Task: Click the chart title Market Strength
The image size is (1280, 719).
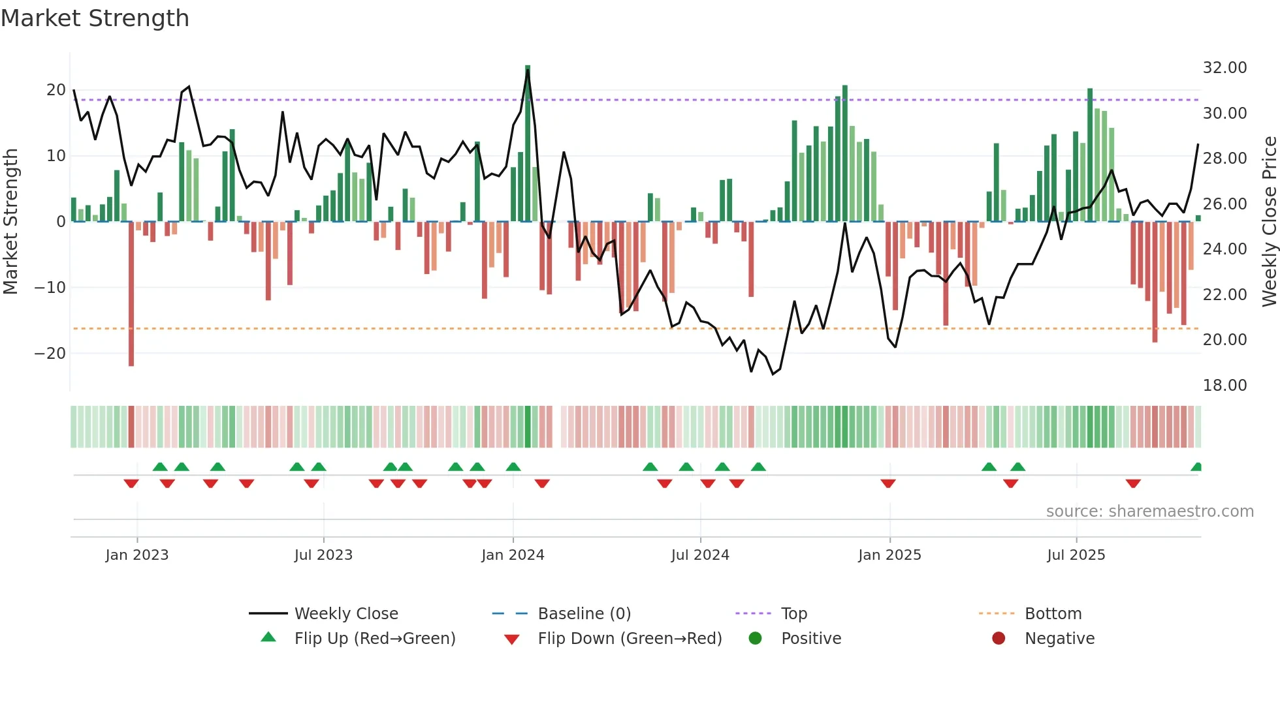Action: tap(95, 18)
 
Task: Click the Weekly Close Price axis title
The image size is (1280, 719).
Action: tap(1269, 221)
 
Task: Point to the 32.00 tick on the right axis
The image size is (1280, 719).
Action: tap(1224, 68)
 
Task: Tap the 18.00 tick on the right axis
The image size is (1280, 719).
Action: tap(1224, 386)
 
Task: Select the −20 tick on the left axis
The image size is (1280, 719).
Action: tap(50, 354)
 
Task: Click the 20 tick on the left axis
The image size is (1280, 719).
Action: tap(56, 90)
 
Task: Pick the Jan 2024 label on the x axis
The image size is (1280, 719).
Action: tap(513, 555)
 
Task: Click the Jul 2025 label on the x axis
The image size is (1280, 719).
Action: tap(1076, 555)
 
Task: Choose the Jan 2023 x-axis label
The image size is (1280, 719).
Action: tap(137, 555)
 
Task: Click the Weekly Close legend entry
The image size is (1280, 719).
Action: tap(346, 614)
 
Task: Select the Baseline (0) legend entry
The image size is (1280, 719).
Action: tap(584, 614)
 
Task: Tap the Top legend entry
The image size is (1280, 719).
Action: tap(794, 614)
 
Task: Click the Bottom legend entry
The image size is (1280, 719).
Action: tap(1053, 614)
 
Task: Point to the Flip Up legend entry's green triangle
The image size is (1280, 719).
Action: tap(268, 637)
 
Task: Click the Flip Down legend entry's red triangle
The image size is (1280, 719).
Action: tap(512, 639)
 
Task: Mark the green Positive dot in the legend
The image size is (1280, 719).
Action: tap(756, 639)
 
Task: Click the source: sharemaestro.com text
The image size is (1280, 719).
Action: tap(1149, 512)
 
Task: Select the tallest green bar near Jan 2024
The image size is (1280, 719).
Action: tap(528, 144)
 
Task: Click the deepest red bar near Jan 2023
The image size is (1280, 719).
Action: tap(131, 294)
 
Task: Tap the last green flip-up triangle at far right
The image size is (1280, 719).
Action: tap(1196, 467)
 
